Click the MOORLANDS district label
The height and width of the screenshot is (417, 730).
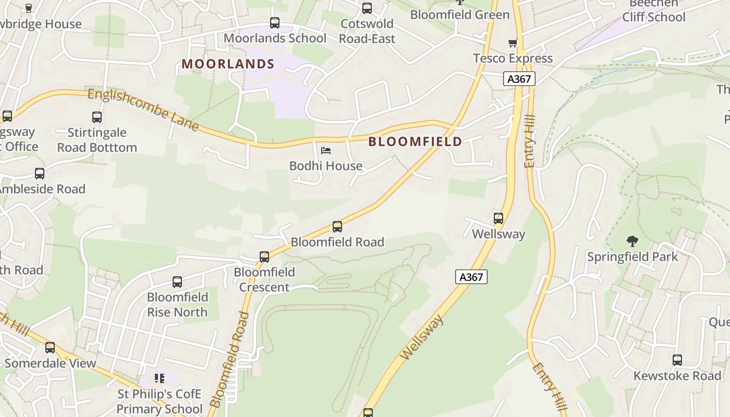coord(228,64)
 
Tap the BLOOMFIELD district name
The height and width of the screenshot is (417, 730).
coord(415,142)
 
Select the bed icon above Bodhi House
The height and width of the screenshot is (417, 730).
coord(326,151)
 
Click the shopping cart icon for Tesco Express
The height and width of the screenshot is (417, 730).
coord(513,43)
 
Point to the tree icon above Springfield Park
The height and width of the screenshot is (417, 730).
coord(632,241)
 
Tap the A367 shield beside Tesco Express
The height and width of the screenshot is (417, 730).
coord(519,79)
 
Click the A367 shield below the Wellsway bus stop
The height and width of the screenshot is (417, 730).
coord(471,277)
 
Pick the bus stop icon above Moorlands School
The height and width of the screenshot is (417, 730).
coord(275,23)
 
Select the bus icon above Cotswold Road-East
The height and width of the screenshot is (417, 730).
coord(367,8)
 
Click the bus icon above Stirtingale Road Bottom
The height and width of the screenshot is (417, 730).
coord(97,117)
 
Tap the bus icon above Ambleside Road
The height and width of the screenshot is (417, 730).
coord(40,174)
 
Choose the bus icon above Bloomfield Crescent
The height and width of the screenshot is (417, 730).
coord(264,257)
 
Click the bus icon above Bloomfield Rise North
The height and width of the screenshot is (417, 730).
coord(177,282)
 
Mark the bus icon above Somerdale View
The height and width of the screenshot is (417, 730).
coord(50,348)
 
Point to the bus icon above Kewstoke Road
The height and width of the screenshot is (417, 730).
coord(677,360)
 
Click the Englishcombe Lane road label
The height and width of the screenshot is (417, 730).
coord(143,110)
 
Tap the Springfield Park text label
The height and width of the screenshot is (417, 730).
coord(632,257)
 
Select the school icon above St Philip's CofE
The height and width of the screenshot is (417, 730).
coord(160,378)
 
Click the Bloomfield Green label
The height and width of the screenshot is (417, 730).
coord(460,15)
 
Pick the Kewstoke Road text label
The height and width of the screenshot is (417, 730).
coord(677,376)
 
